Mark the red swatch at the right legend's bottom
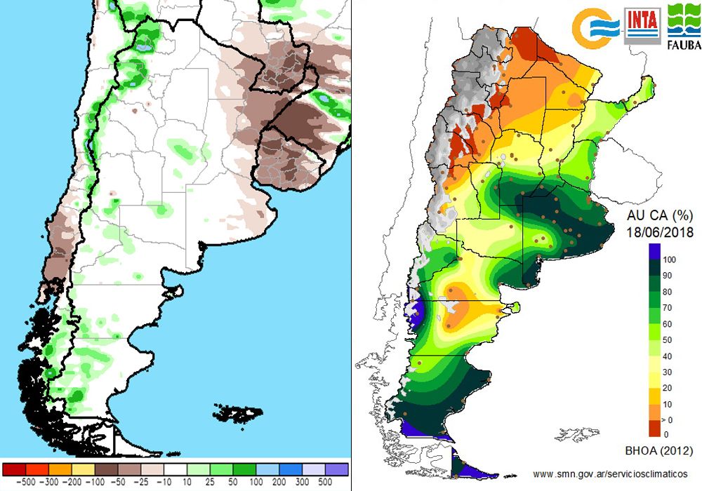tap(654, 428)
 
